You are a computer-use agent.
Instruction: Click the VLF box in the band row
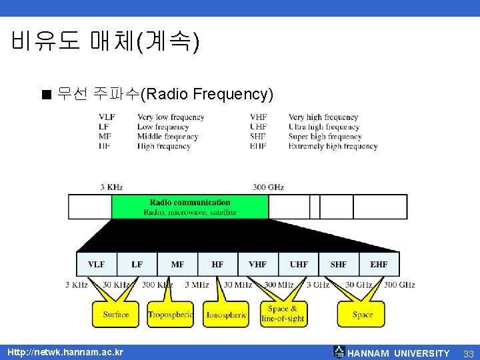tap(97, 265)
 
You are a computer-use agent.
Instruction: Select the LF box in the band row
tap(137, 265)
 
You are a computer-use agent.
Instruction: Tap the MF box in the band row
tap(177, 265)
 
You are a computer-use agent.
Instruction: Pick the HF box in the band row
tap(217, 265)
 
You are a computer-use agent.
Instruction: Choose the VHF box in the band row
tap(258, 265)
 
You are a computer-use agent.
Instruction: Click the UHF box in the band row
tap(299, 265)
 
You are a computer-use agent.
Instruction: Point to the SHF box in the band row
tap(339, 265)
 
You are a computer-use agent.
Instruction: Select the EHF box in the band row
tap(379, 265)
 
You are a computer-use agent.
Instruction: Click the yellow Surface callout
tap(116, 314)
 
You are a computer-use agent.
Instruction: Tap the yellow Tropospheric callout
tap(171, 314)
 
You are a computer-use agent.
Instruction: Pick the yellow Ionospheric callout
tap(226, 314)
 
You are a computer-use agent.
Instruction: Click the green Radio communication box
tap(190, 207)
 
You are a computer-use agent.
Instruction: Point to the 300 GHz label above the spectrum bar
tap(268, 187)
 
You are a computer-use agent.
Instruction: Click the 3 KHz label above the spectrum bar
tap(111, 187)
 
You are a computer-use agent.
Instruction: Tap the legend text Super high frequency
tap(325, 137)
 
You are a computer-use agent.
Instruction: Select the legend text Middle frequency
tap(168, 137)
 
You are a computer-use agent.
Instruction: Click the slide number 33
tap(468, 353)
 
